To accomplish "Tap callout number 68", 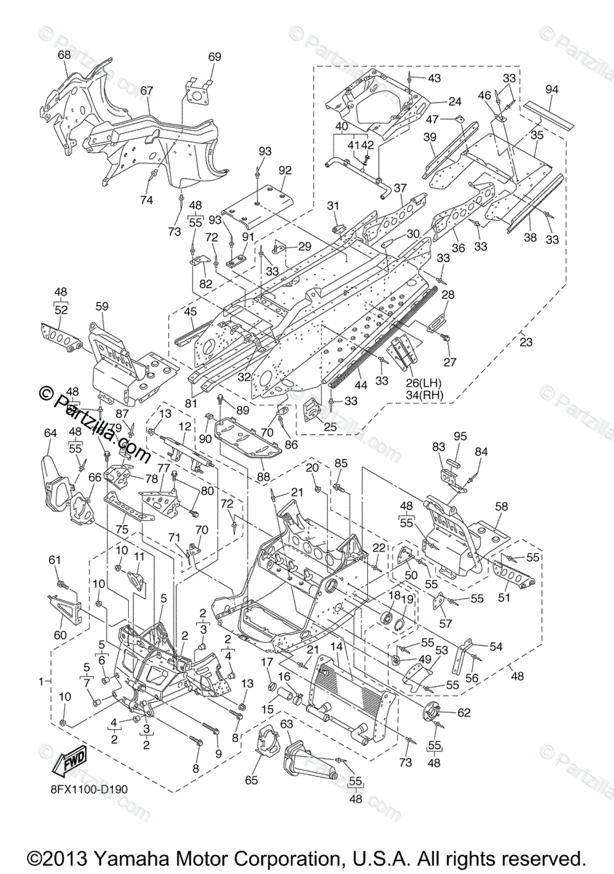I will [x=64, y=55].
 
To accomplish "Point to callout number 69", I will [x=214, y=58].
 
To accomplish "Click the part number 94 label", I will [x=551, y=90].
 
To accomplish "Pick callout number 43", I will [x=434, y=78].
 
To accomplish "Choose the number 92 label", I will [x=284, y=170].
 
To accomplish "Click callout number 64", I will [x=50, y=433].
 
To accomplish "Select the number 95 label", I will [x=460, y=437].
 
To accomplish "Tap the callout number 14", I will [x=336, y=646].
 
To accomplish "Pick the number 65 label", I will [x=251, y=780].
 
